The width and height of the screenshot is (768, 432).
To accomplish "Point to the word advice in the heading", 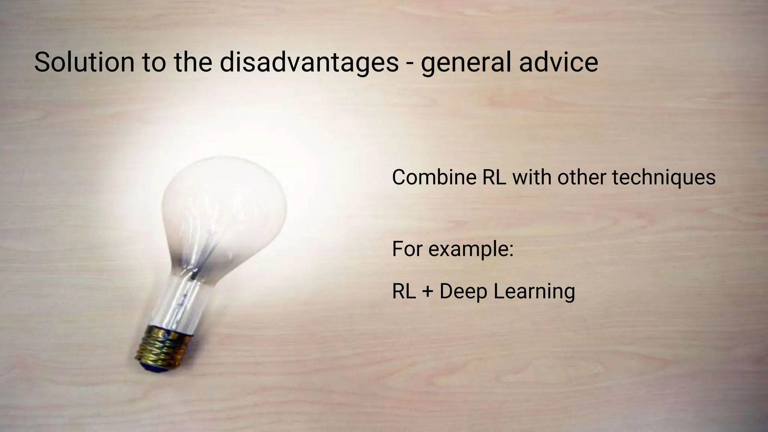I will tap(558, 62).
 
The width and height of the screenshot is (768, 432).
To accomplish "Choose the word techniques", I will tap(664, 178).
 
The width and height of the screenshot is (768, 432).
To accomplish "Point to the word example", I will tap(471, 249).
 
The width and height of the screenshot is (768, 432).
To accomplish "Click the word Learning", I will tap(534, 292).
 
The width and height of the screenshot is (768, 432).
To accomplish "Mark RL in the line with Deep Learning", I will tap(404, 291).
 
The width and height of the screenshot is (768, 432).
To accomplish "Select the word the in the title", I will tap(193, 62).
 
